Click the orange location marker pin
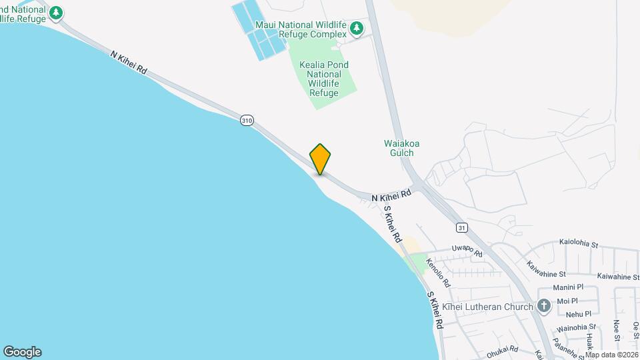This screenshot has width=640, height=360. [320, 159]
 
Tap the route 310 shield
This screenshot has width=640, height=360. [247, 120]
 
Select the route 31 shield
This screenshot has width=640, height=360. [461, 227]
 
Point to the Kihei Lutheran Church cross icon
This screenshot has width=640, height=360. [544, 307]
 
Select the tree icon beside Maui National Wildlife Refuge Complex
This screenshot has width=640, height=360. [358, 28]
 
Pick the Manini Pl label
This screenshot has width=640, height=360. [569, 287]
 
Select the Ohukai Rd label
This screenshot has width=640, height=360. [502, 349]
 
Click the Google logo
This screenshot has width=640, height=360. [22, 351]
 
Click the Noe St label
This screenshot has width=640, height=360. [616, 330]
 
